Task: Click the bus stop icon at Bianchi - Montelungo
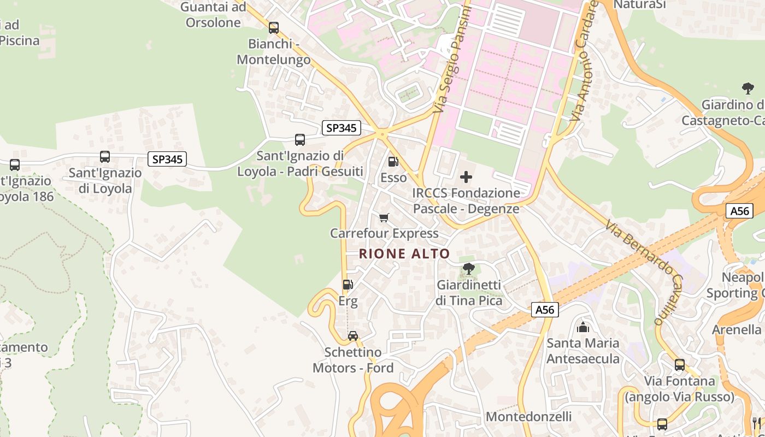tap(274, 27)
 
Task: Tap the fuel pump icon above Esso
tap(393, 162)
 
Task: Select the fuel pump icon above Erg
tap(348, 285)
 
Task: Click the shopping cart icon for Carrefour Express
tap(384, 218)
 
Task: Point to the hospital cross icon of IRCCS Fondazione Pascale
tap(466, 177)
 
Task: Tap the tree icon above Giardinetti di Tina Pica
tap(468, 268)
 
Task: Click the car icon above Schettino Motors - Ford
tap(353, 336)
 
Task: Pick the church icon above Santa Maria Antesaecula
tap(583, 327)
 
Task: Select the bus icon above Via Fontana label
tap(680, 365)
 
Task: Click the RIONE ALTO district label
tap(404, 253)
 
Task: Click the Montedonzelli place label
tap(528, 416)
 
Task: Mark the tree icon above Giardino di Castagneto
tap(748, 88)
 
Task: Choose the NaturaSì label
tap(640, 5)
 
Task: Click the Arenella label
tap(737, 330)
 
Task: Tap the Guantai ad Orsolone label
tap(213, 15)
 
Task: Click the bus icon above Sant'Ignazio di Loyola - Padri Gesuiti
tap(300, 140)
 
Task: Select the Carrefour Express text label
tap(384, 233)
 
